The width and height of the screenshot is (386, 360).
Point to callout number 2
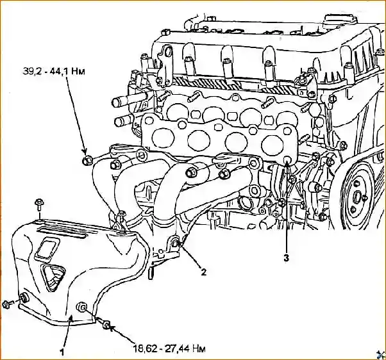(x=203, y=272)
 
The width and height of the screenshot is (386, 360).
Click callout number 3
(x=287, y=258)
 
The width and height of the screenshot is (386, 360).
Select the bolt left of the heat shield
(x=6, y=302)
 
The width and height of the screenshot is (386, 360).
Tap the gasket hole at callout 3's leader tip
(x=288, y=161)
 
